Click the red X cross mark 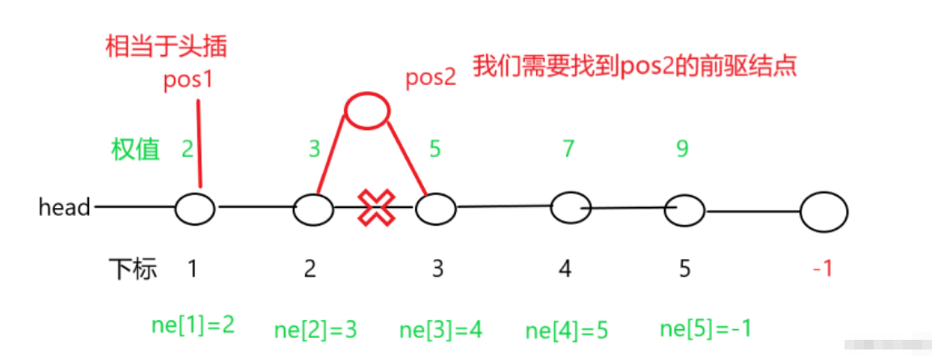click(x=375, y=208)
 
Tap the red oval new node click(x=366, y=110)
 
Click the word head click(x=64, y=208)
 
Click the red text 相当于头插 click(x=166, y=46)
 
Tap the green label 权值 click(x=135, y=149)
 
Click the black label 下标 click(x=133, y=269)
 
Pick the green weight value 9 click(x=683, y=149)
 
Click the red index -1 click(x=822, y=269)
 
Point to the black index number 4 click(x=565, y=269)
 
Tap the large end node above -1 click(x=823, y=214)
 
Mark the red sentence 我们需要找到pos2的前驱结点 click(x=635, y=66)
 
